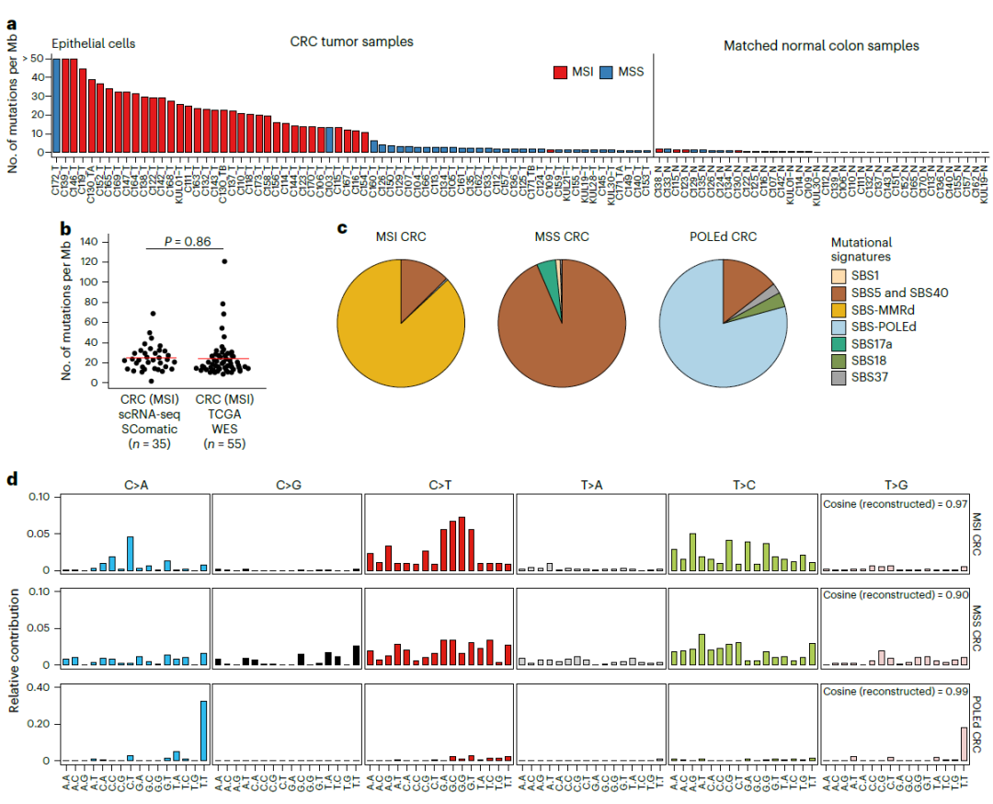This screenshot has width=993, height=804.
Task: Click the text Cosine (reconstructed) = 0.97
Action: pos(891,504)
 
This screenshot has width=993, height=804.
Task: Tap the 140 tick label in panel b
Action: pos(86,241)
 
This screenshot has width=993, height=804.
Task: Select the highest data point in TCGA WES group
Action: pos(224,261)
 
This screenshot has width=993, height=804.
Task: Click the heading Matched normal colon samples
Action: pos(820,45)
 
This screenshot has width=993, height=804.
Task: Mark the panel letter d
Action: pos(13,478)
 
